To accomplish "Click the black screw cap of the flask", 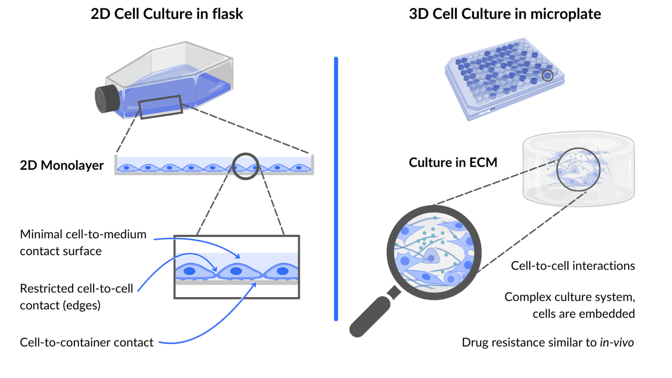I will click(x=107, y=98).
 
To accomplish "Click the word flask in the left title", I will click(x=227, y=14).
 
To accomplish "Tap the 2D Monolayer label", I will click(x=62, y=165).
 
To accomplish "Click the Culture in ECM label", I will click(x=453, y=163).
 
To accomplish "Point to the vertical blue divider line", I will click(x=336, y=188).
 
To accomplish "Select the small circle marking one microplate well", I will click(x=547, y=76).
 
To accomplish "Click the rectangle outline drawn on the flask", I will click(x=161, y=107).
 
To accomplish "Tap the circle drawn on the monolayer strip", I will click(x=245, y=166).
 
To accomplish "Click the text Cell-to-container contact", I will click(x=87, y=343).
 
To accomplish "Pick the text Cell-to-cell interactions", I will click(x=573, y=266).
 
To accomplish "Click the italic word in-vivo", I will click(x=616, y=343).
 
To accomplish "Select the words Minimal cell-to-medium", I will click(x=83, y=234).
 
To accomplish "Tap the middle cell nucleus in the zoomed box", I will click(x=236, y=271).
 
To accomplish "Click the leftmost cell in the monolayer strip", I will click(x=127, y=168).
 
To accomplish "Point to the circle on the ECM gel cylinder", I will click(x=578, y=169).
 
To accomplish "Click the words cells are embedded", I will click(x=583, y=314).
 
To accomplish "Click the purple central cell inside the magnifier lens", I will click(x=431, y=257).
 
